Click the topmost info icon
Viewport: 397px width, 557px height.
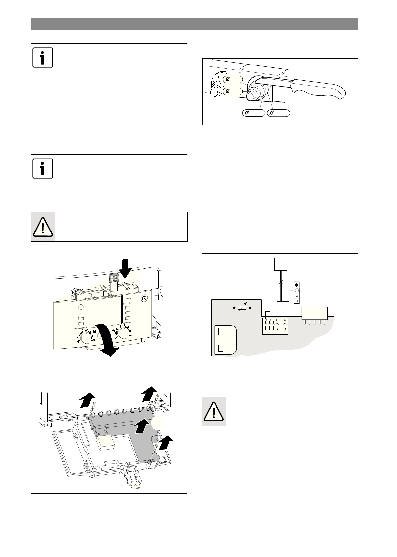43,58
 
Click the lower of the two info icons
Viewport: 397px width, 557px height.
43,169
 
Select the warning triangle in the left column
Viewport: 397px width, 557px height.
43,227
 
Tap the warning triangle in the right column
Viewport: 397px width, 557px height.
214,411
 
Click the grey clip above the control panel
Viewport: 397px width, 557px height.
113,278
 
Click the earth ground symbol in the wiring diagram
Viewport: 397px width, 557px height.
296,285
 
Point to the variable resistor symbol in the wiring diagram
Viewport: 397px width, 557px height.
242,307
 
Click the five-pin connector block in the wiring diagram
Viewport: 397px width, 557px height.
314,313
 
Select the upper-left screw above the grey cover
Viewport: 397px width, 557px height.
94,408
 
